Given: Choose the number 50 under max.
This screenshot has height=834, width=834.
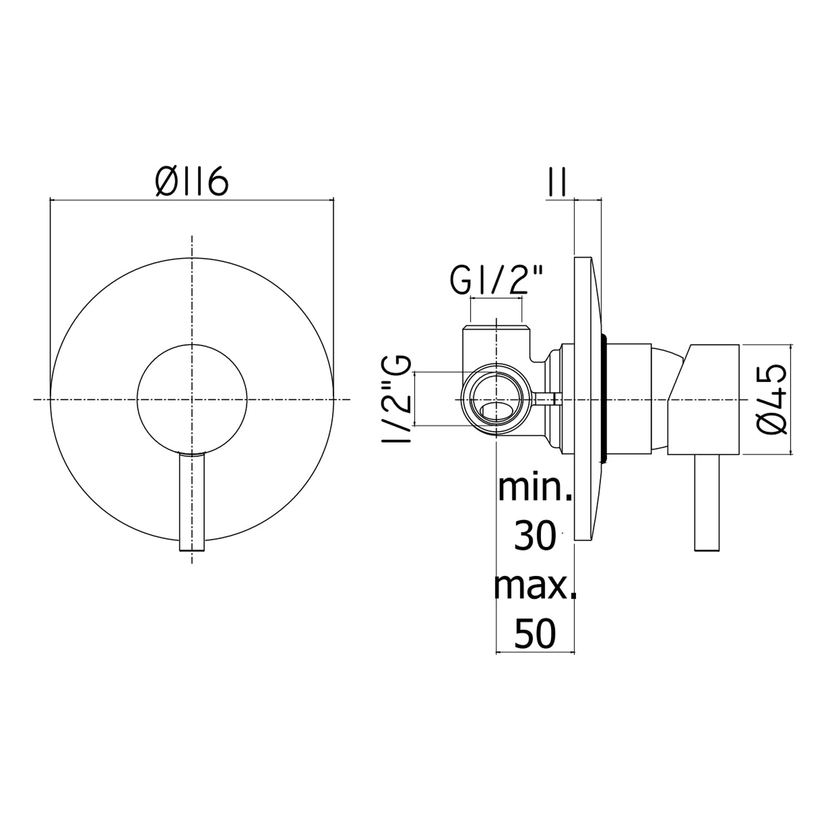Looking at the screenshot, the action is (535, 633).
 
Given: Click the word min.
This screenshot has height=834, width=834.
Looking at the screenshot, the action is (535, 488).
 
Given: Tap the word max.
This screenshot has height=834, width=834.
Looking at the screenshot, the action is (535, 585).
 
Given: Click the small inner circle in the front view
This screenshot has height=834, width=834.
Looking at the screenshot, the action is (192, 345).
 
